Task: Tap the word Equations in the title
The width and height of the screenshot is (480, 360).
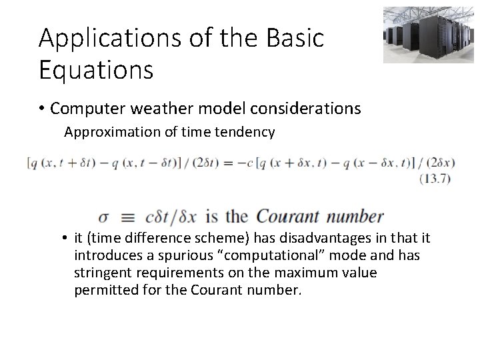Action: tap(96, 69)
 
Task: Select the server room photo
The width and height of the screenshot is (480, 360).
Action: tap(419, 35)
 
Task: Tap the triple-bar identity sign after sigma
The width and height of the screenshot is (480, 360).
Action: tap(127, 217)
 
